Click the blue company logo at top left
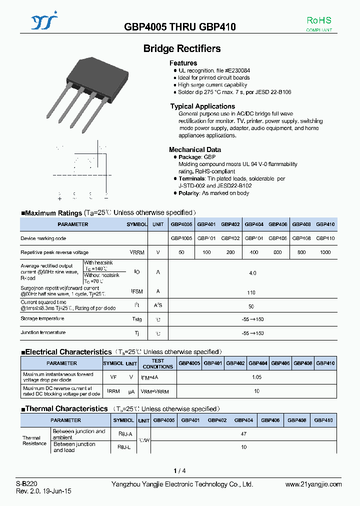(44, 22)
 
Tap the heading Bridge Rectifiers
(182, 48)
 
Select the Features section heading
(183, 63)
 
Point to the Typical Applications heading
(202, 106)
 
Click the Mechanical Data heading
(194, 149)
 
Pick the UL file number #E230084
(234, 71)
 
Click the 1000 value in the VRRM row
(325, 252)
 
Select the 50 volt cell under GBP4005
(181, 252)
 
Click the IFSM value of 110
(251, 292)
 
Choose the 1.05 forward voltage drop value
(256, 377)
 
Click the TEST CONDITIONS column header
(157, 363)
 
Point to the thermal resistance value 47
(243, 434)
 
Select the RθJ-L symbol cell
(123, 446)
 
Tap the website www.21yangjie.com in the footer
(313, 484)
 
